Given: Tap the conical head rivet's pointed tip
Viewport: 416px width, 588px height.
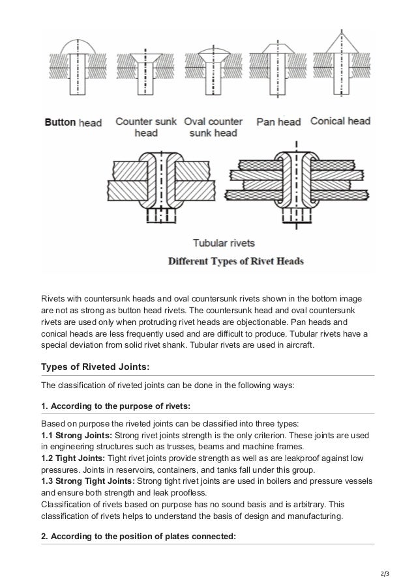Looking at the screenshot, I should click(340, 31).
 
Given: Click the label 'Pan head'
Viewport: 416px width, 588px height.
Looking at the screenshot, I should click(278, 122).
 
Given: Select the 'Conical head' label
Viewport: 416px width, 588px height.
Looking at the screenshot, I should click(340, 121).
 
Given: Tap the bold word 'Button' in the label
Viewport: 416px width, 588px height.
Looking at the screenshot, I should click(60, 122).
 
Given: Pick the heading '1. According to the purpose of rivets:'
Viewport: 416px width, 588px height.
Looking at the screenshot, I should click(115, 406).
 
